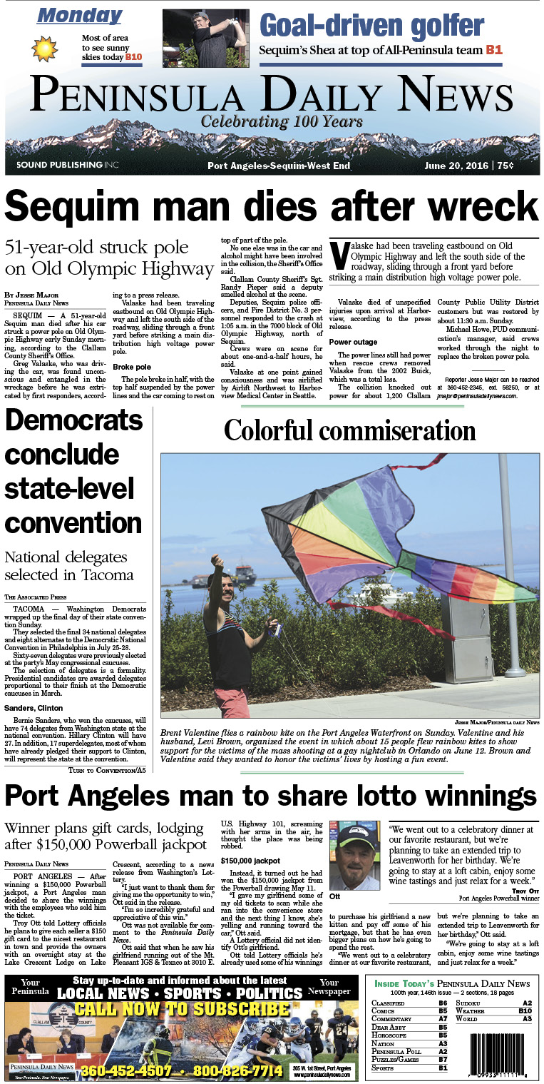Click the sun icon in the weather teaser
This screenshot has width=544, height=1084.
coord(45,48)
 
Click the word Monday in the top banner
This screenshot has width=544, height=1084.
coord(79,15)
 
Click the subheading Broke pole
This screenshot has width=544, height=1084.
coord(132,367)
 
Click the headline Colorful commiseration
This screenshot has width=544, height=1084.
coord(350,430)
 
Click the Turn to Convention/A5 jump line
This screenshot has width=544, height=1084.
coord(107,770)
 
